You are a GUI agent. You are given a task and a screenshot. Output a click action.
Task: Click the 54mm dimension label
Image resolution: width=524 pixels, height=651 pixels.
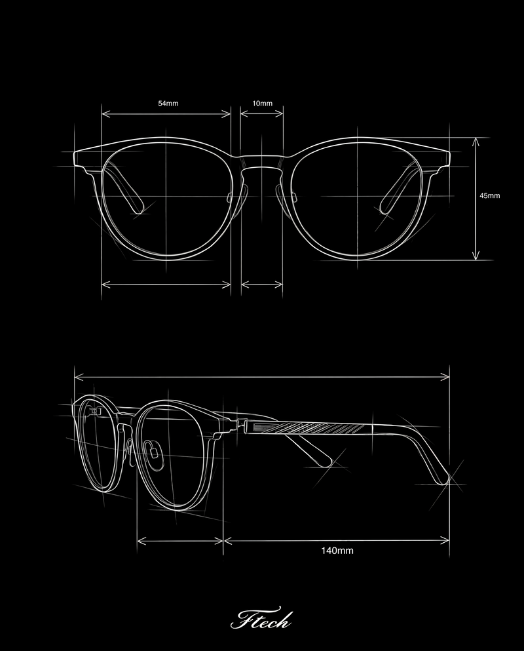[x=168, y=104]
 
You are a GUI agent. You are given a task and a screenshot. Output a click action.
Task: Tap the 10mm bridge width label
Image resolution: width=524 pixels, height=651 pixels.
[x=262, y=104]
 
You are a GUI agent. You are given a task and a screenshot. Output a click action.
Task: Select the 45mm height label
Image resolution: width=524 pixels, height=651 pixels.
[x=489, y=196]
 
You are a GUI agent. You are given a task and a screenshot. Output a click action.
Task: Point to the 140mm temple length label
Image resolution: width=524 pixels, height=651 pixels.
[x=337, y=551]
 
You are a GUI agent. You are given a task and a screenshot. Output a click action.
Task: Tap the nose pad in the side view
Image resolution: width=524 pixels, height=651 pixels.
[x=155, y=451]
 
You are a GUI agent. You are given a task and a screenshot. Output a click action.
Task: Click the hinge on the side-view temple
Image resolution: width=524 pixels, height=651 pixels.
[x=240, y=427]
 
